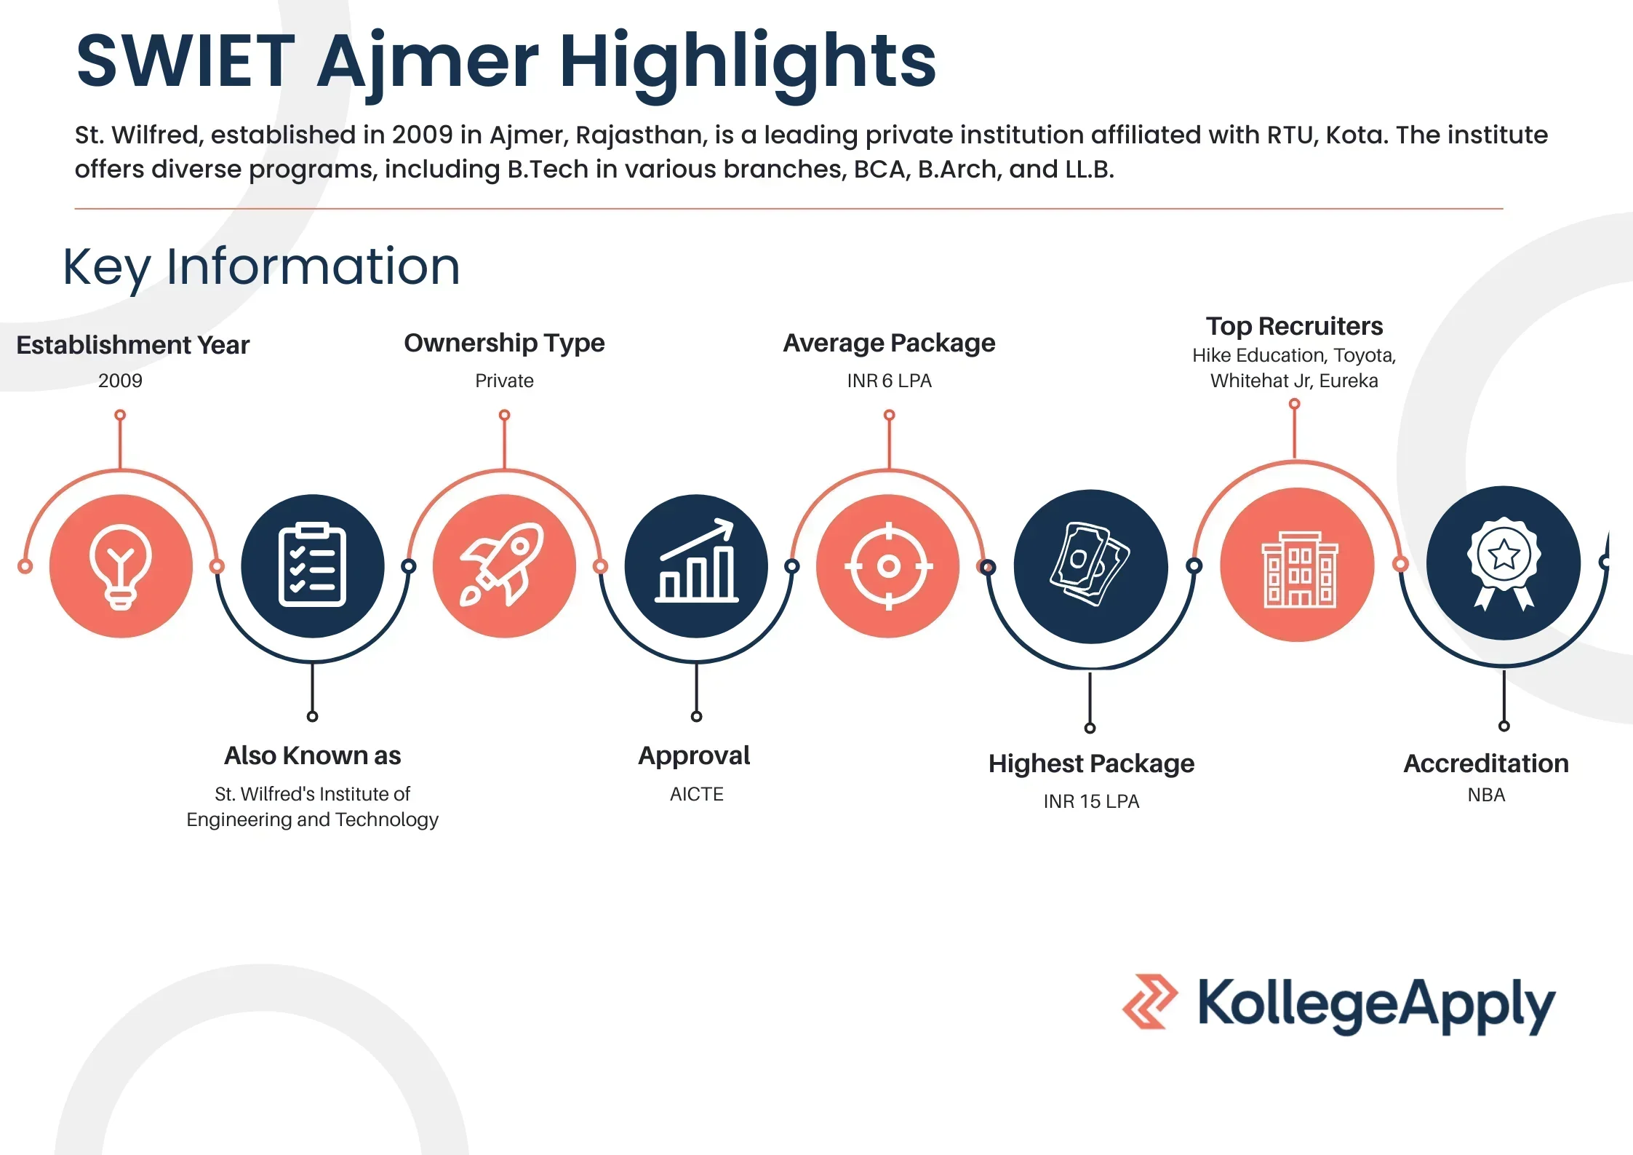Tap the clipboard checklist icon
coord(313,565)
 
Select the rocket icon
coord(503,564)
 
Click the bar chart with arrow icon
coord(696,560)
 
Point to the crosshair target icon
coord(888,566)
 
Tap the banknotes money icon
coord(1090,565)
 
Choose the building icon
coord(1298,569)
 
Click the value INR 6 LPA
coord(889,381)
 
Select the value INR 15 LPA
coord(1091,801)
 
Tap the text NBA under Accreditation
coord(1486,795)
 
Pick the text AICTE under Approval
coord(696,794)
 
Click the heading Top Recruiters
coord(1294,326)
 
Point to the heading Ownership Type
coord(504,344)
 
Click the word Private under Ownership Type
coord(504,381)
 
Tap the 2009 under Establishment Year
coord(120,381)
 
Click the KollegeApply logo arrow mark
coord(1150,1001)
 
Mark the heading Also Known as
coord(312,755)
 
